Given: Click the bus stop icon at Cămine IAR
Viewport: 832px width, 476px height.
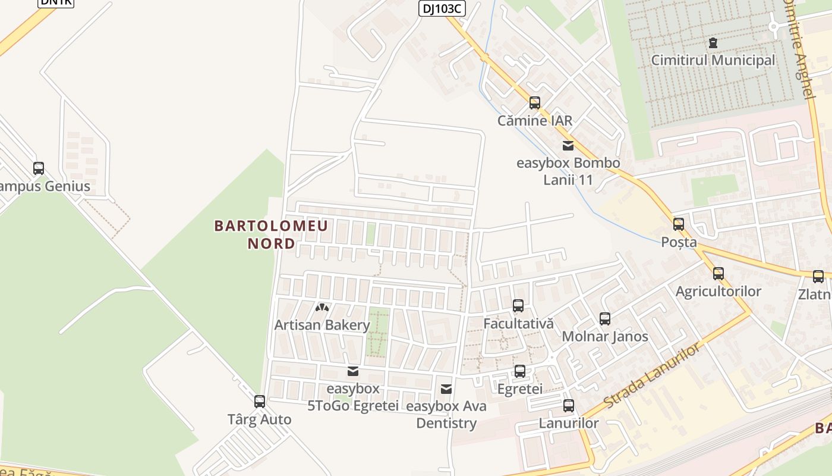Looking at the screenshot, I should (534, 103).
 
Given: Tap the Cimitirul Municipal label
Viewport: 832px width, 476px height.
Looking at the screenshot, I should (713, 60).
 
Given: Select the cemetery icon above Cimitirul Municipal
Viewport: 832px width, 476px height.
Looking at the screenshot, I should (713, 43).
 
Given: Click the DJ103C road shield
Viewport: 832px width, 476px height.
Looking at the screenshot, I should (442, 8).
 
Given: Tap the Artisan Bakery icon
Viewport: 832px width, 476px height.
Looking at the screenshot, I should (322, 308).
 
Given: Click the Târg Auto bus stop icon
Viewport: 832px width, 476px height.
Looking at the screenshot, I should (260, 402).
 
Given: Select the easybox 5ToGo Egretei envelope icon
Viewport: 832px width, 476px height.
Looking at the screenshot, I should (353, 372).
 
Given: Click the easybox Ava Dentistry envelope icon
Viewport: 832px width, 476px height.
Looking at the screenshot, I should (446, 389).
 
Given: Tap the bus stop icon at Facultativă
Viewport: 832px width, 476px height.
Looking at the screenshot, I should (518, 306).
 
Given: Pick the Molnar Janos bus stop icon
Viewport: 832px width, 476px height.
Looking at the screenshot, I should (605, 319).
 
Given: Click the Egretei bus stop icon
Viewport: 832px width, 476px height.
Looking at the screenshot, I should (520, 371).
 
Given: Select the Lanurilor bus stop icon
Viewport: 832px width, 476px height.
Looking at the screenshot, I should (569, 406).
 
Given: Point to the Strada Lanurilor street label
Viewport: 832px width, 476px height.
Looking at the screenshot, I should (652, 375).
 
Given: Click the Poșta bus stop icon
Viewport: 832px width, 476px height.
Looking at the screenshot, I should (679, 224).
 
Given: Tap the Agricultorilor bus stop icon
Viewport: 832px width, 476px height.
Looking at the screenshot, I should (718, 274).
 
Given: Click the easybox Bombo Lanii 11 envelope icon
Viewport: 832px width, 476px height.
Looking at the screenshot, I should (568, 145).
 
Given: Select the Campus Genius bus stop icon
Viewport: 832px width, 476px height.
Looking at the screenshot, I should (39, 168).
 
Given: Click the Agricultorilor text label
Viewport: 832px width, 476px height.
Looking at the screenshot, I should (718, 292).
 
